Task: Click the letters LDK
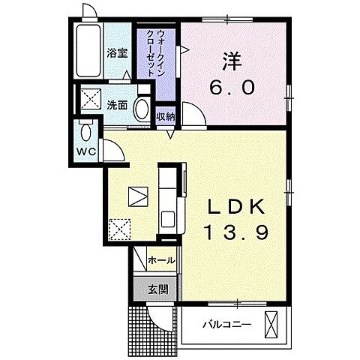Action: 233,206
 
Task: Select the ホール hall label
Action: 160,260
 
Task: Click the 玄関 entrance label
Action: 157,288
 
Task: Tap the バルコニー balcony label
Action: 226,325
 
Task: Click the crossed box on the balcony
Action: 273,325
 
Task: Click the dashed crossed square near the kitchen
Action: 119,226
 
